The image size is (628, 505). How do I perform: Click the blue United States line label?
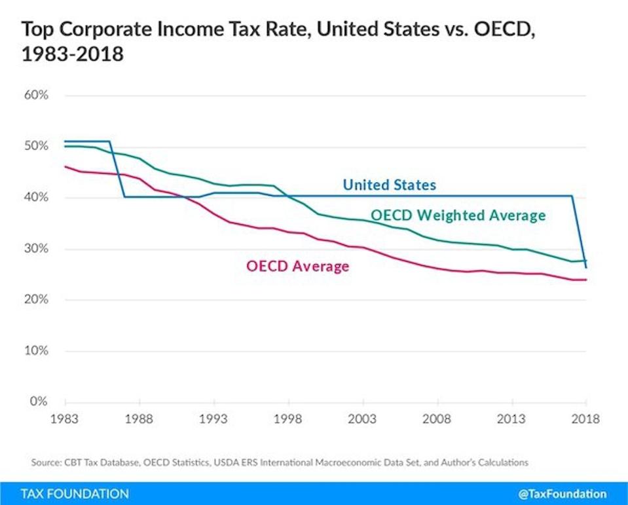pos(389,185)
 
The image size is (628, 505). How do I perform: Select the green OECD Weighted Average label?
pos(458,215)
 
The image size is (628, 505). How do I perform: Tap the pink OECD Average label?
pos(297,266)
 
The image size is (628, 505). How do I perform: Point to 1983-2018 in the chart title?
pos(73,54)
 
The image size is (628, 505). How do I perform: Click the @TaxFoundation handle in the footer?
pos(567,493)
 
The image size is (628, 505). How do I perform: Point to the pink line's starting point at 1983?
pos(65,166)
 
